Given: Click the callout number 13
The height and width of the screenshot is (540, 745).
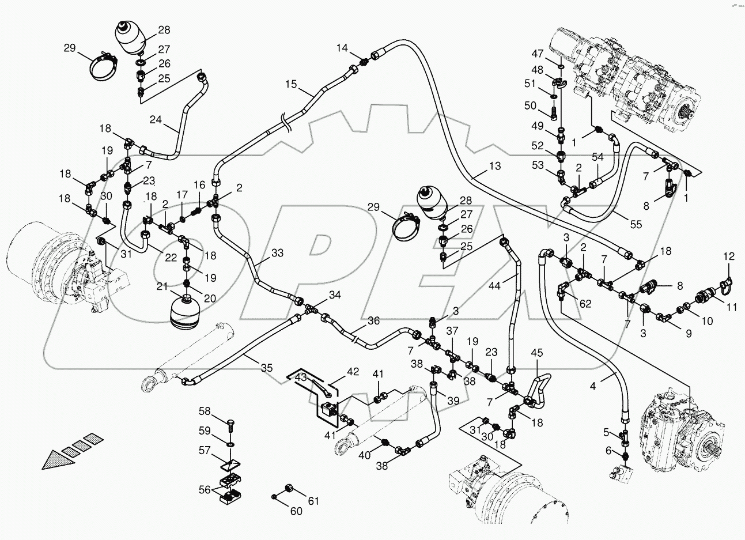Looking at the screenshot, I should (x=494, y=167).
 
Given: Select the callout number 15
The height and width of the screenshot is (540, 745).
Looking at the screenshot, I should (x=290, y=85).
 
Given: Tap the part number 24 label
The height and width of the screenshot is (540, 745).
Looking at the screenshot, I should (x=156, y=120).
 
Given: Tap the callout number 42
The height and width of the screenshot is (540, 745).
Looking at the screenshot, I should (x=352, y=372).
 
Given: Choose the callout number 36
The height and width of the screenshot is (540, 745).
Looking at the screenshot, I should (x=373, y=321).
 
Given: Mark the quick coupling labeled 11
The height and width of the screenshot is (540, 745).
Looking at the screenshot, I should (x=704, y=297).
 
